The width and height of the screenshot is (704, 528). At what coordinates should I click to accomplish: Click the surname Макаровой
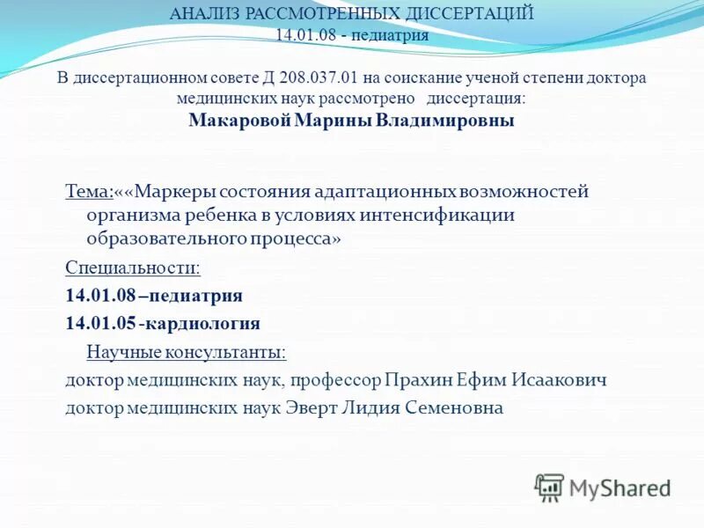[x=238, y=121]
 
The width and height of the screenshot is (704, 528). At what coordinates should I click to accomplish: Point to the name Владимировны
[x=445, y=121]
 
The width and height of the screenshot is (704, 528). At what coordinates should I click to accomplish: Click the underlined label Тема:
[x=89, y=191]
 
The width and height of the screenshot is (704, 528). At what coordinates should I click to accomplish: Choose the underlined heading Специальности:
[x=133, y=267]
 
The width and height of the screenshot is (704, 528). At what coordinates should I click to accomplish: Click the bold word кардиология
[x=203, y=323]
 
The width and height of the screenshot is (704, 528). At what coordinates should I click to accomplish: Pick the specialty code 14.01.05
[x=100, y=323]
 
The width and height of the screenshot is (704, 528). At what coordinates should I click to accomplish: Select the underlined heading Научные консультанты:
[x=186, y=352]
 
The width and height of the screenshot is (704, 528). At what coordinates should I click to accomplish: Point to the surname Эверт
[x=306, y=408]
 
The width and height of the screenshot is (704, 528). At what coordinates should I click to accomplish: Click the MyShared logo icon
[x=550, y=488]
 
